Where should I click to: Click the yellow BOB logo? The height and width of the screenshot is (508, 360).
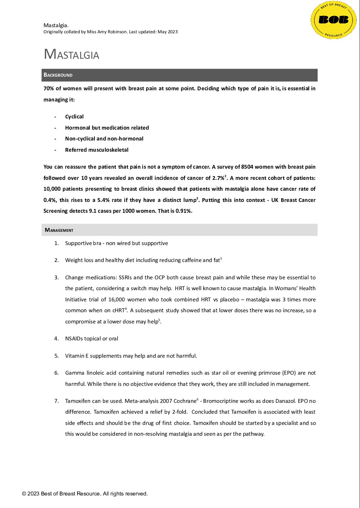click(334, 20)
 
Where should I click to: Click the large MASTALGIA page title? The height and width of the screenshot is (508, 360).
click(71, 54)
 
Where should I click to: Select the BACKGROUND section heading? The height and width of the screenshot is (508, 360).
click(58, 75)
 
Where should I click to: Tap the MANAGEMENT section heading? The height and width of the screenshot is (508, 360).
click(59, 230)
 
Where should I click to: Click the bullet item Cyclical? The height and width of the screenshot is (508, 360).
click(74, 117)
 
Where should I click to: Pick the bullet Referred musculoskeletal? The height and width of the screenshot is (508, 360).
click(97, 150)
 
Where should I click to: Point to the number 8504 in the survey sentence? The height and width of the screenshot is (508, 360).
click(247, 167)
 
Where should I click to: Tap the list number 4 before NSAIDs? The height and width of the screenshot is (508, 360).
click(56, 339)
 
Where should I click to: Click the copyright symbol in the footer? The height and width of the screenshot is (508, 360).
click(24, 494)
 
